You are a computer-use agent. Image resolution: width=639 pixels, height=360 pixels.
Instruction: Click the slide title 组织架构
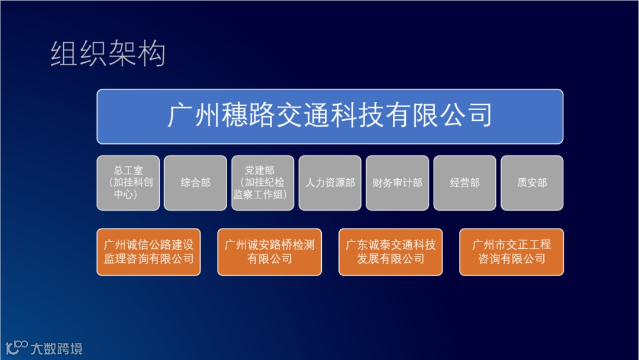click(108, 53)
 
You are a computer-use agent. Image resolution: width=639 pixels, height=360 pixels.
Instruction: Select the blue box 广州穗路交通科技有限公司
click(330, 117)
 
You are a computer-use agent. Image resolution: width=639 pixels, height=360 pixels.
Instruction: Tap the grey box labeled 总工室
click(128, 183)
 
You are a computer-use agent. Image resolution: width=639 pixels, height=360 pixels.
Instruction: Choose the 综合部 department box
click(196, 183)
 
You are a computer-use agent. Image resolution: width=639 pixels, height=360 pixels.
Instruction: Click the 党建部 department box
click(263, 183)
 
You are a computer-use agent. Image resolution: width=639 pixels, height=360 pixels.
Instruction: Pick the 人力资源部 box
click(330, 183)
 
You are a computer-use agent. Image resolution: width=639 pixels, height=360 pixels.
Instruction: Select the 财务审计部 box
click(398, 183)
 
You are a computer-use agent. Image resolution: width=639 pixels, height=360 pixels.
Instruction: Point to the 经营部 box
click(465, 183)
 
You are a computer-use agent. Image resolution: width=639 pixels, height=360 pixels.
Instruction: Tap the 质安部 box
click(532, 183)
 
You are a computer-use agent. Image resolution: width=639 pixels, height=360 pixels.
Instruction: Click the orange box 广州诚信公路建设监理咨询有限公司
click(149, 252)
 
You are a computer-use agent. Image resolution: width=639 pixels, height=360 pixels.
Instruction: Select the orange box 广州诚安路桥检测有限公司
click(270, 252)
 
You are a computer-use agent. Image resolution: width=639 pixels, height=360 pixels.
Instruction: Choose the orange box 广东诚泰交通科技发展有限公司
click(390, 252)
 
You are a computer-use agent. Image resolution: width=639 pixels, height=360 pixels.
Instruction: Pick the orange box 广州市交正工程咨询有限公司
click(511, 252)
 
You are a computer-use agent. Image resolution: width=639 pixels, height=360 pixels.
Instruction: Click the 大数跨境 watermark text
click(57, 349)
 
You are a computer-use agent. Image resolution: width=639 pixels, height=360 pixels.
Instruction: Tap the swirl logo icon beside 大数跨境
click(17, 348)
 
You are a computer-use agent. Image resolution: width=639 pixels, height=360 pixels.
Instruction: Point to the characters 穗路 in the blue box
click(248, 115)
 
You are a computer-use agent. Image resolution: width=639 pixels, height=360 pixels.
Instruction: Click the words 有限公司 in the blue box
click(438, 115)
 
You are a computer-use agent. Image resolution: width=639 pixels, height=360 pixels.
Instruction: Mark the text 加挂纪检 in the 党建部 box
click(264, 182)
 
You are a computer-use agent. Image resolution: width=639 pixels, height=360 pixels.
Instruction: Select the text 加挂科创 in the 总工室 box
click(133, 182)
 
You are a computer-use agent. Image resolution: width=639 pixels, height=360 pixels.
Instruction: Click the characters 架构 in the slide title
click(137, 53)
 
